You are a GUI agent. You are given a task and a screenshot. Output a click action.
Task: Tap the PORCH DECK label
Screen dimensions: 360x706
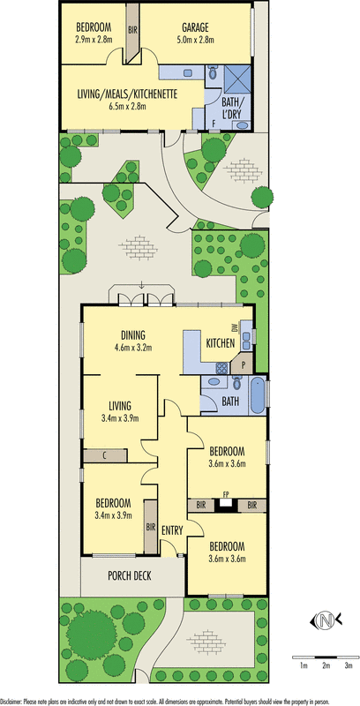[129, 575]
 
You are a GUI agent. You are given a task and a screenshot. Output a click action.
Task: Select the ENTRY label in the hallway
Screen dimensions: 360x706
[172, 530]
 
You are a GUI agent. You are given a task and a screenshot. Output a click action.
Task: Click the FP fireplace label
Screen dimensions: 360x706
[226, 494]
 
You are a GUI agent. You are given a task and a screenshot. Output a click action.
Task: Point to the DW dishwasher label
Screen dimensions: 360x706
[234, 327]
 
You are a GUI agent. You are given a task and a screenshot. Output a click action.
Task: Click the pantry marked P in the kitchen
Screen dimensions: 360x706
[243, 365]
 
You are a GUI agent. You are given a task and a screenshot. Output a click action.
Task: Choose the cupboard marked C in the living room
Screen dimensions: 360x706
[105, 455]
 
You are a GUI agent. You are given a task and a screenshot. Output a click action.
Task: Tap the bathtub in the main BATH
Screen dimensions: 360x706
[259, 396]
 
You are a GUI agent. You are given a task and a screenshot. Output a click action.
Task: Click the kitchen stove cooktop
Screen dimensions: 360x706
[221, 368]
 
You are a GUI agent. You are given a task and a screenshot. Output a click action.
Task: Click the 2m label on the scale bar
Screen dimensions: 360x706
[326, 665]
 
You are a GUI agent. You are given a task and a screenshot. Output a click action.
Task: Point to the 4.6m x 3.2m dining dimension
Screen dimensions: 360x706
[132, 347]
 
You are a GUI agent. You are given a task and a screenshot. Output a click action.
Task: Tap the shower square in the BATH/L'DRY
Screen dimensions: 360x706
[237, 79]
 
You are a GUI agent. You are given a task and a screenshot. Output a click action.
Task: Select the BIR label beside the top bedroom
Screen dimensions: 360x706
[132, 30]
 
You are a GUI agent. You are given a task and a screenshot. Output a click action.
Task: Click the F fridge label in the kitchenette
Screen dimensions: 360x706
[214, 123]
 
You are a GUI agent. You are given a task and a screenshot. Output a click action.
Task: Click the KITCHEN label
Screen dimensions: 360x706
[220, 343]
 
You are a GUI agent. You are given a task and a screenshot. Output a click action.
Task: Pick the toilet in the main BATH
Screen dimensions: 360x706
[236, 384]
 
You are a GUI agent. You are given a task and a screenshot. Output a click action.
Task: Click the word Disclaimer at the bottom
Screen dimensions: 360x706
[11, 701]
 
